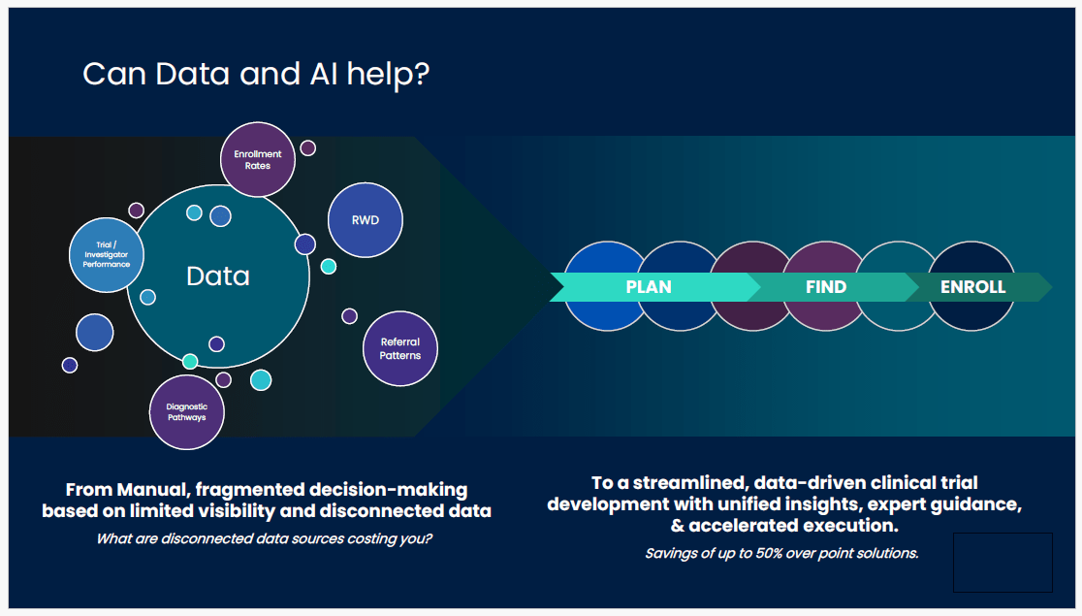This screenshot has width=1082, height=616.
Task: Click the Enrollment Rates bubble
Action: click(258, 159)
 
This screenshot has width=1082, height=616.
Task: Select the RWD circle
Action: click(366, 220)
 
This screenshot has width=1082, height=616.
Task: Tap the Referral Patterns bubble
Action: click(400, 349)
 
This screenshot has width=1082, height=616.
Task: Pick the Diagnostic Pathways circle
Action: click(187, 412)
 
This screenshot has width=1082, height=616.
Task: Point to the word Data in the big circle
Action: click(218, 276)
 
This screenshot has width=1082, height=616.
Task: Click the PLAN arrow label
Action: click(649, 287)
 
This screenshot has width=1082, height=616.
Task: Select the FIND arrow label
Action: click(826, 287)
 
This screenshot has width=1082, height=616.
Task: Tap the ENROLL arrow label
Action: click(972, 287)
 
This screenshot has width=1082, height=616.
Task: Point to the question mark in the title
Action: click(421, 74)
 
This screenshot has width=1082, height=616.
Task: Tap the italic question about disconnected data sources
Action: click(265, 538)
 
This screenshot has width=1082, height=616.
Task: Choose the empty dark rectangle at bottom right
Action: click(1002, 563)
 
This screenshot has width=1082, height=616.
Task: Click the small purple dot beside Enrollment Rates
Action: click(307, 147)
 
